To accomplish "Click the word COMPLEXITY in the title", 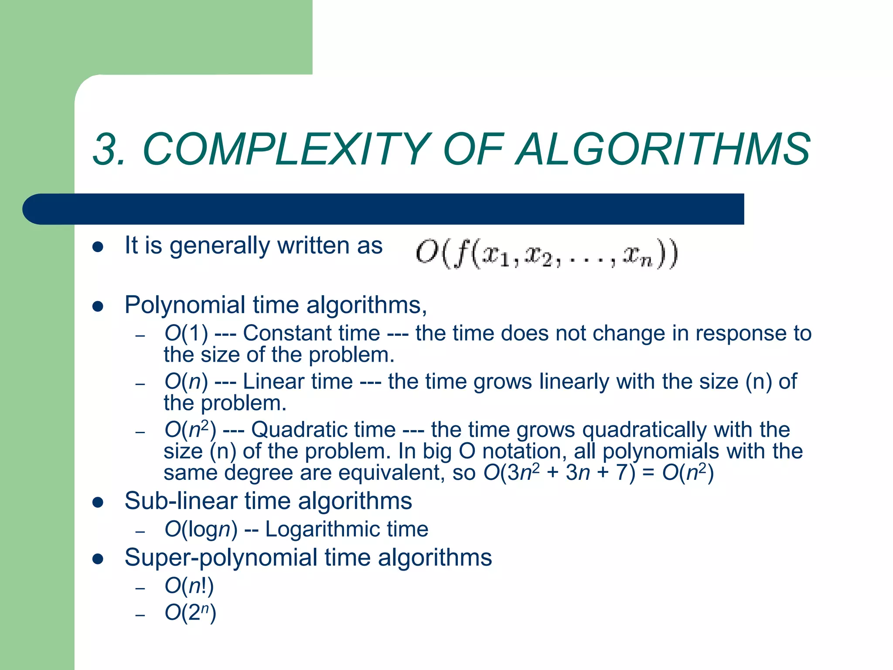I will [x=286, y=150].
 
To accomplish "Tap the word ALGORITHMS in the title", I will [x=663, y=150].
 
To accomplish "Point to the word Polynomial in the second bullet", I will [x=185, y=304].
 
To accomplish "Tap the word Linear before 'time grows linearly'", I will [x=297, y=381].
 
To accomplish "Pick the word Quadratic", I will [x=323, y=430].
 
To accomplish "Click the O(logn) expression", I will [x=201, y=530].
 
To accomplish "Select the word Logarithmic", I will [x=320, y=530].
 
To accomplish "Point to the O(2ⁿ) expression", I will [x=190, y=613].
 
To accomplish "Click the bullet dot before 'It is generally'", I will [x=98, y=247].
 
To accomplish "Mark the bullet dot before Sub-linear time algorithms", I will [x=98, y=502].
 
